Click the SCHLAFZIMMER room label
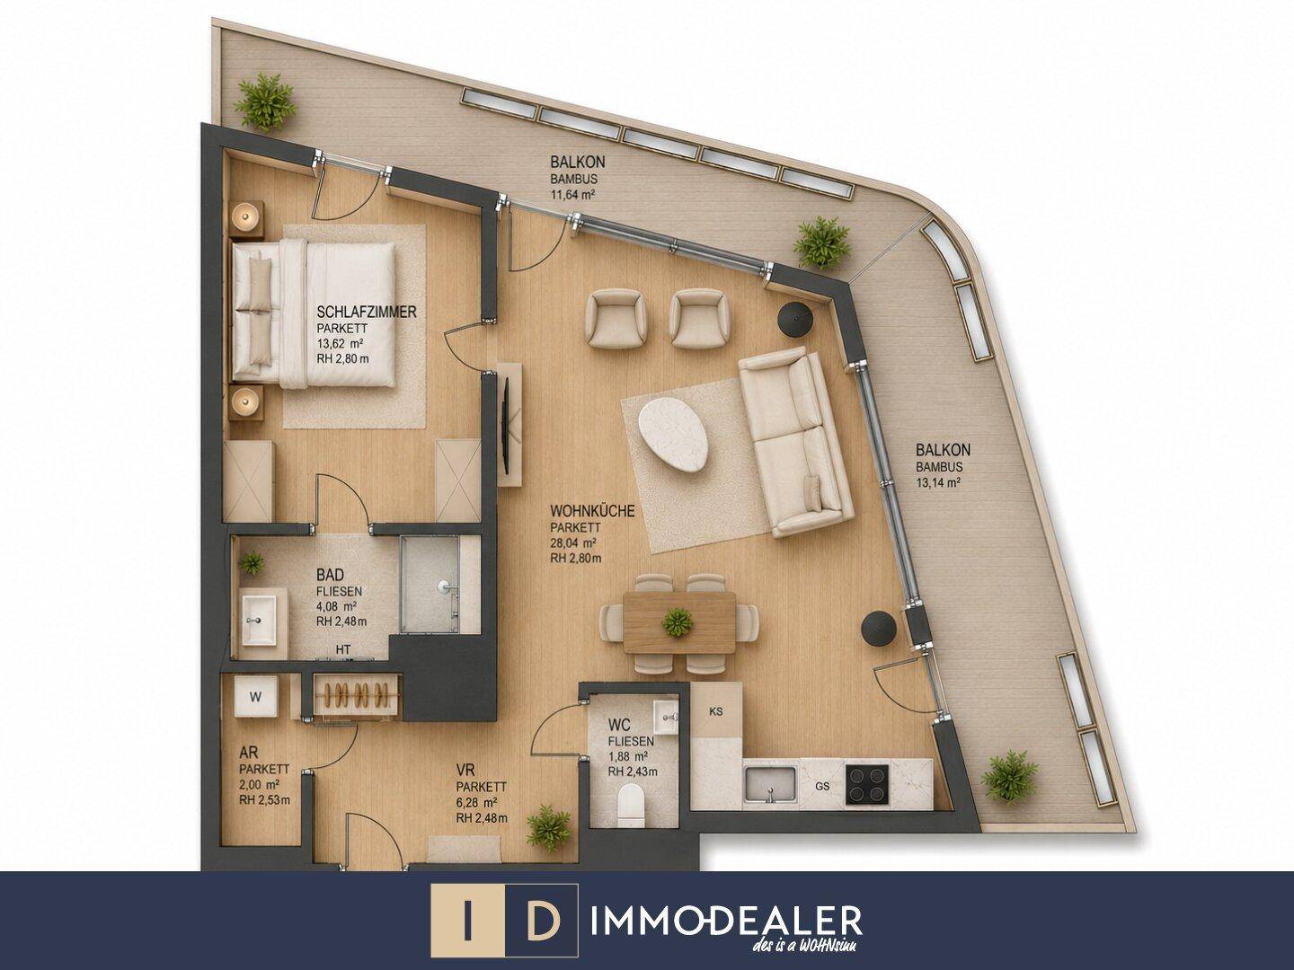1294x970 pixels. [x=366, y=311]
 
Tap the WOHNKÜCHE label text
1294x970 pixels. [x=592, y=510]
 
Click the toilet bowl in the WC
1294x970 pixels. [x=629, y=806]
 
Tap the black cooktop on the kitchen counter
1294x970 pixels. [x=866, y=784]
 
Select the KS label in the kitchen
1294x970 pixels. [x=715, y=711]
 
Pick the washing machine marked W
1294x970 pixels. [x=255, y=696]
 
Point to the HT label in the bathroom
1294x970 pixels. [x=343, y=649]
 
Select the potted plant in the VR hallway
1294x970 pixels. [x=549, y=827]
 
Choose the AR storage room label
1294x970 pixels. [x=248, y=752]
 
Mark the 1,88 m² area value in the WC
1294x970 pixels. [x=628, y=756]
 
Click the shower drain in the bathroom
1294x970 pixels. [x=443, y=586]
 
